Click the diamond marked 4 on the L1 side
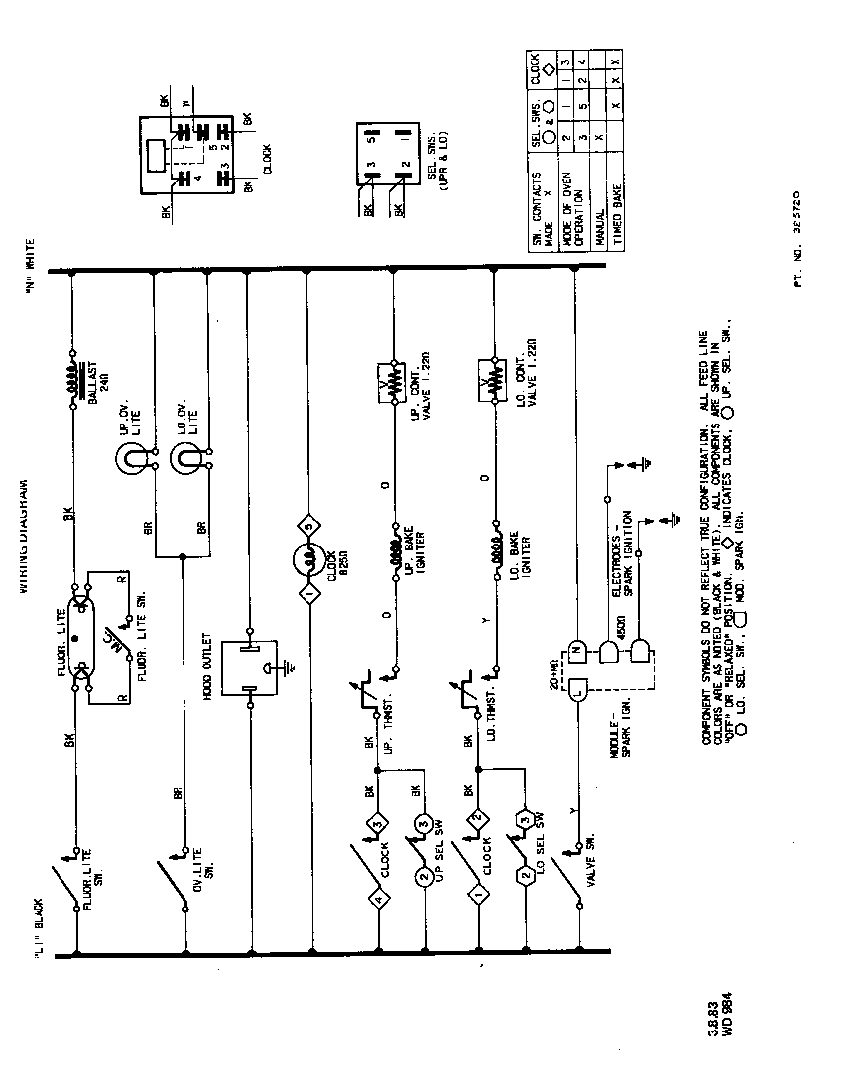point(378,900)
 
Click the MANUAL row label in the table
point(600,227)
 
